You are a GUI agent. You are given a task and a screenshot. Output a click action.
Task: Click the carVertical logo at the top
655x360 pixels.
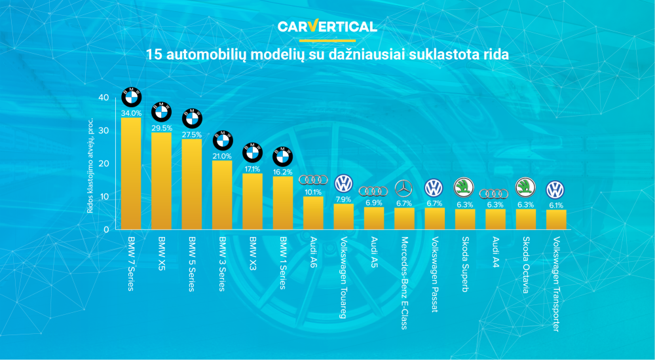point(327,26)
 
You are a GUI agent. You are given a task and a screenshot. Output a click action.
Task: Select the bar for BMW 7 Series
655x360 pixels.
point(131,173)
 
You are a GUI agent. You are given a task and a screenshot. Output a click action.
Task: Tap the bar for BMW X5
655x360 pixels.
point(161,180)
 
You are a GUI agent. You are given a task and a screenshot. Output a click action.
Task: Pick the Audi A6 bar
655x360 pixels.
point(313,213)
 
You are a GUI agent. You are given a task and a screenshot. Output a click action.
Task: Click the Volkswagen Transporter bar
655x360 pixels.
point(556,219)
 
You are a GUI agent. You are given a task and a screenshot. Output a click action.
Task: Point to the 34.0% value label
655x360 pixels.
point(131,113)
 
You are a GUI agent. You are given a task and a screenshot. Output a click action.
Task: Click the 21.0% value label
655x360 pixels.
point(222,156)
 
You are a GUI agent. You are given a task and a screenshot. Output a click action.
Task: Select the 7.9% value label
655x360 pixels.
point(343,199)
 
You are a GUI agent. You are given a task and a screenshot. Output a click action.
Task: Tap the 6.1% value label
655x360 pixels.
point(556,205)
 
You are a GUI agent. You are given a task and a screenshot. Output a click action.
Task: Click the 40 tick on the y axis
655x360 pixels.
point(103,98)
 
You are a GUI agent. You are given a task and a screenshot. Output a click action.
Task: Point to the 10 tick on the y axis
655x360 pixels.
point(103,196)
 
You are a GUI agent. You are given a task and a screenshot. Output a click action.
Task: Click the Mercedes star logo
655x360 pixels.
point(404,189)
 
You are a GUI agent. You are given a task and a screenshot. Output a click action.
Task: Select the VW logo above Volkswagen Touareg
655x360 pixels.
point(344,184)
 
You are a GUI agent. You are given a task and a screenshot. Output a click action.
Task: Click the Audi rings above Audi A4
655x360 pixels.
point(495,193)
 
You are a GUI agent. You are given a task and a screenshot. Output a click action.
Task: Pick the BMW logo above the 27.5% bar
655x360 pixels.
point(192,118)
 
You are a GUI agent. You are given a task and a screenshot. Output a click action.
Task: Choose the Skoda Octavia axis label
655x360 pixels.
point(526,265)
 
